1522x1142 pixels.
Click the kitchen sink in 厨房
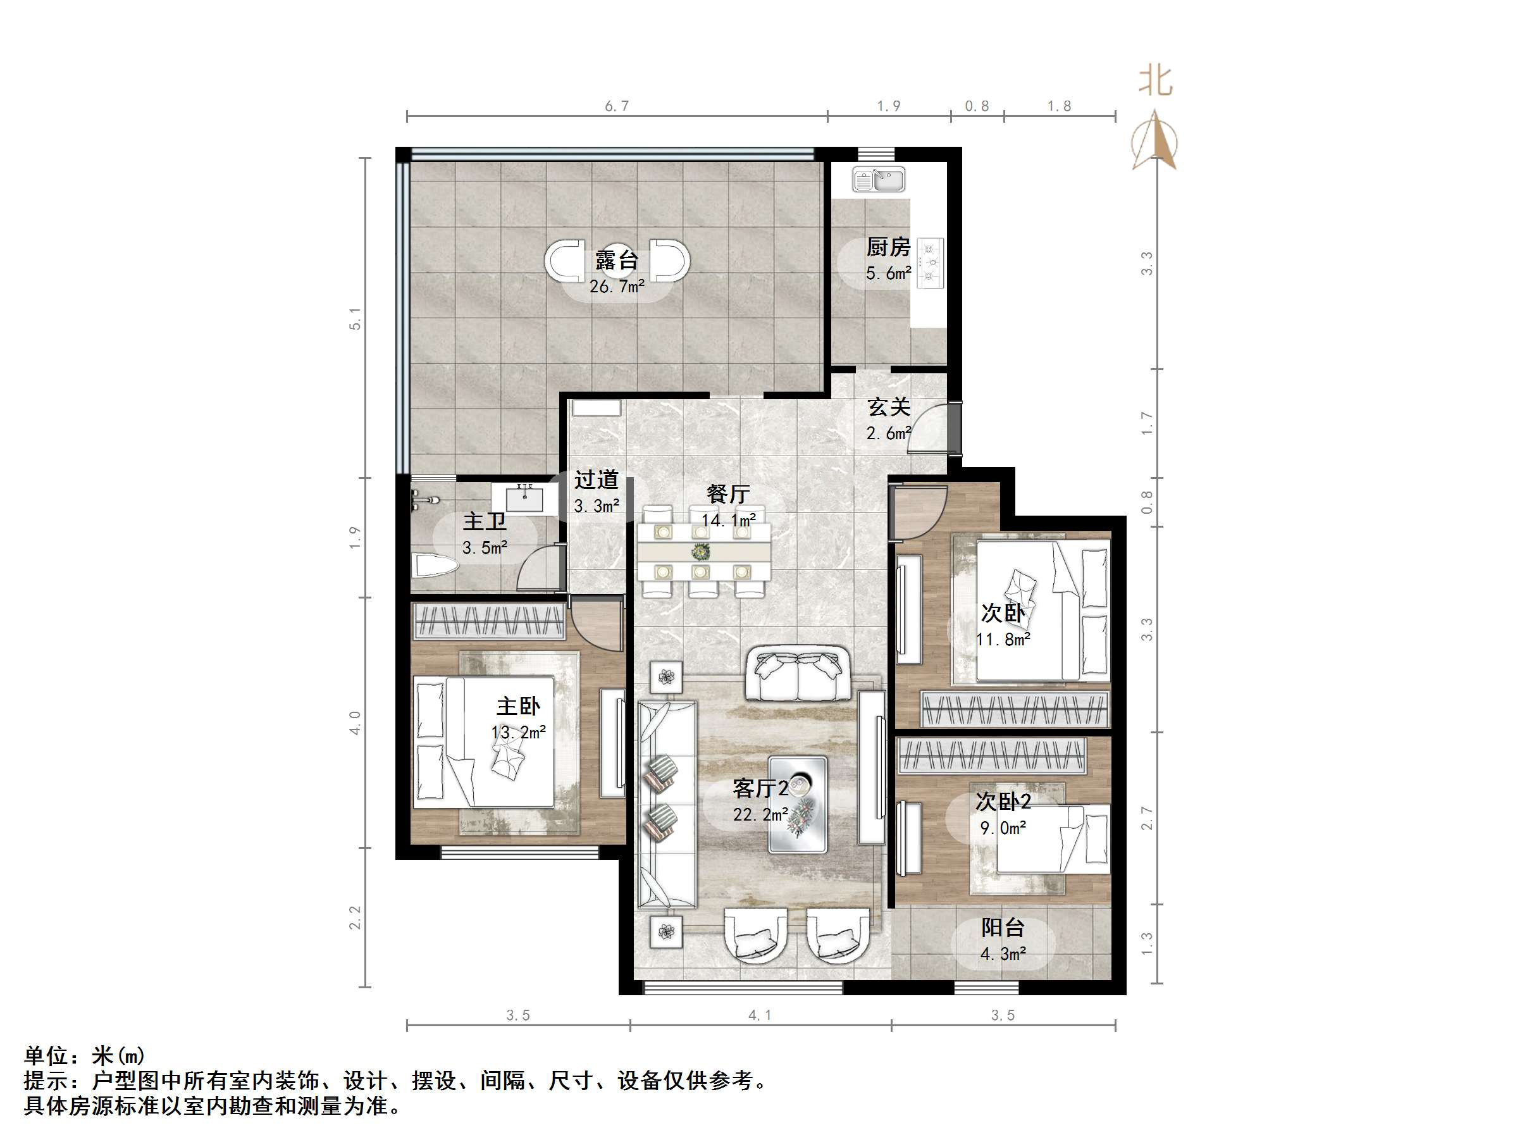point(879,180)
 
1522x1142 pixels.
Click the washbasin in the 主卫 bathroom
point(526,498)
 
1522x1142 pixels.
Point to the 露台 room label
point(617,260)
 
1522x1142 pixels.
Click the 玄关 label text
point(889,407)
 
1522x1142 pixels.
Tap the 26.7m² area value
point(617,287)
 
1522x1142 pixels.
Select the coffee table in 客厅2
point(798,805)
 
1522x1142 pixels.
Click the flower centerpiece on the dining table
point(701,551)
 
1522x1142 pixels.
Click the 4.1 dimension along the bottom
point(760,1015)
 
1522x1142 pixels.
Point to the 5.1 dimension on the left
point(355,318)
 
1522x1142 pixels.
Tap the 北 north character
point(1155,81)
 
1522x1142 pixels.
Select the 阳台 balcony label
point(1003,928)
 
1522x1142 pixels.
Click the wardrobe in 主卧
point(488,620)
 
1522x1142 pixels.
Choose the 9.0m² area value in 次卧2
point(1003,828)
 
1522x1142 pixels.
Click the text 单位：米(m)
point(85,1055)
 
